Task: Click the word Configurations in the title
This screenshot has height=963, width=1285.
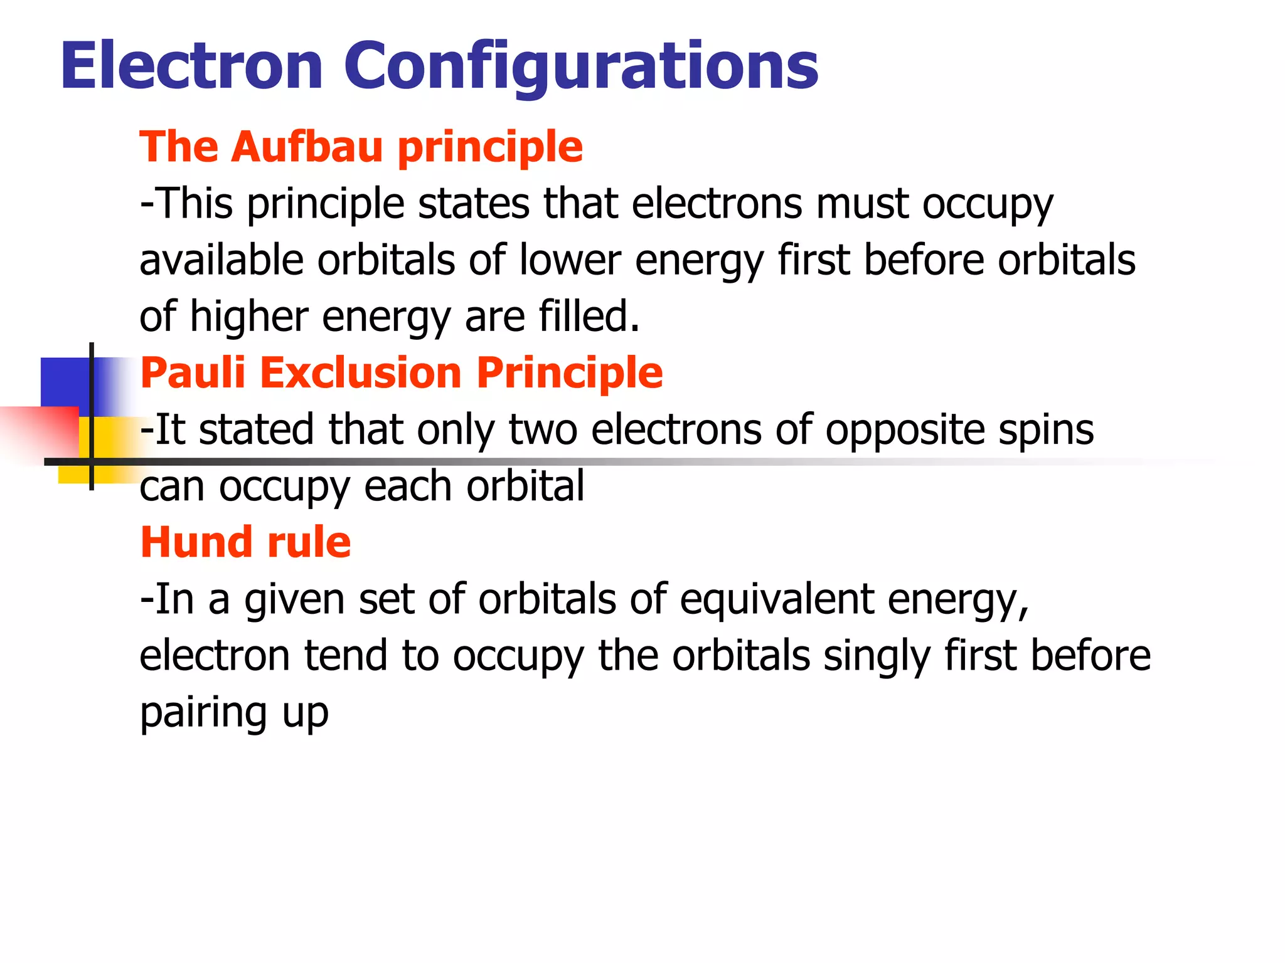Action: tap(580, 66)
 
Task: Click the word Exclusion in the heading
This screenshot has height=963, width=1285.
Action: tap(361, 372)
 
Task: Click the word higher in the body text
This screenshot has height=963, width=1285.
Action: tap(248, 316)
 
